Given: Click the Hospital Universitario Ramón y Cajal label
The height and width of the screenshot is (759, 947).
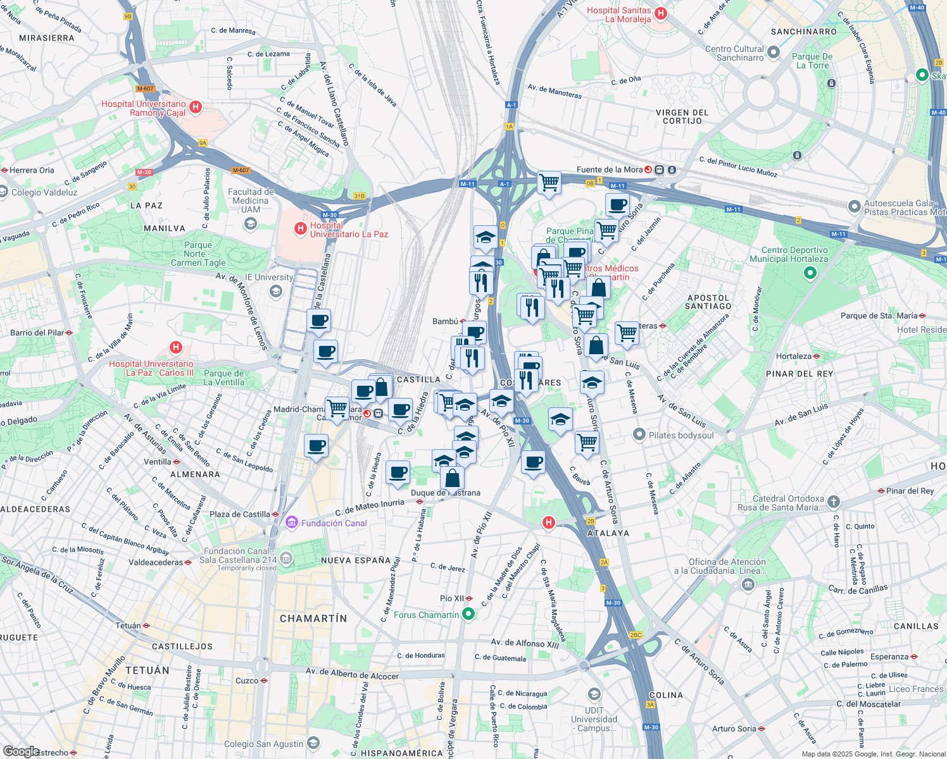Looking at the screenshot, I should tap(144, 108).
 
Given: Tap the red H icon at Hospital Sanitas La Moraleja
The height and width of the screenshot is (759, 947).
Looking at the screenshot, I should tap(661, 13).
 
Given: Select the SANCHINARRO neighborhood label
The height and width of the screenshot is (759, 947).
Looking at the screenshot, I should tap(803, 32).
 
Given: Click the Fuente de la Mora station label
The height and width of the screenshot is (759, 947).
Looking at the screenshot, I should tap(609, 170).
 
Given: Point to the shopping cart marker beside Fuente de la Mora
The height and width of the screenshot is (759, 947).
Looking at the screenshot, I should tap(549, 183).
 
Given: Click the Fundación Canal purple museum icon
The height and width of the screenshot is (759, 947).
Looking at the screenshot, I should tap(292, 523).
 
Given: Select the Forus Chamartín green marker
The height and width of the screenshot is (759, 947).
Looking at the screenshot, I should tap(468, 614).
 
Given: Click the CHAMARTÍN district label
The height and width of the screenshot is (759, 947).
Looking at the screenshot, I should tap(313, 619).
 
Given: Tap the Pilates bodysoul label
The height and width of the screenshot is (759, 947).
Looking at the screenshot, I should tap(681, 435).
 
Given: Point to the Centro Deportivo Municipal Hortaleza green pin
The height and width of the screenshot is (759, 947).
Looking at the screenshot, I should tap(810, 273).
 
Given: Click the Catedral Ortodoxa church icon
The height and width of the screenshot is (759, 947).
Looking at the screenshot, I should tap(834, 502).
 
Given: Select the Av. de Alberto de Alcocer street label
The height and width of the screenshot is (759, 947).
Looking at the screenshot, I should tap(352, 673).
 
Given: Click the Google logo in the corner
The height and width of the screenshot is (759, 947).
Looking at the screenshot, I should tap(20, 751).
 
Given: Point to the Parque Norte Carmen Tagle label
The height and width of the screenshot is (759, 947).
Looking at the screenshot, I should tap(198, 254).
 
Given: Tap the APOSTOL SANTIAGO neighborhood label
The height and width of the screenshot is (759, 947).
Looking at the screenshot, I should tap(708, 302).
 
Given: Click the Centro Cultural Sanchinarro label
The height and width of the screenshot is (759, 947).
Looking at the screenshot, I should tap(734, 53).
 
